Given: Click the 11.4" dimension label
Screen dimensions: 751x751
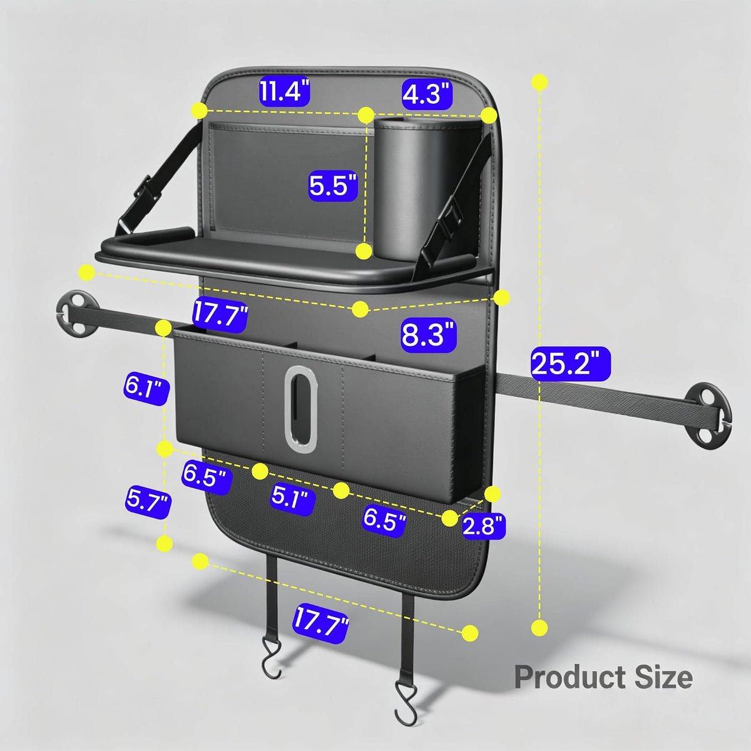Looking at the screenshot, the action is pyautogui.click(x=284, y=93).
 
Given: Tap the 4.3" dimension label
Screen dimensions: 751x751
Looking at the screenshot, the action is pyautogui.click(x=427, y=94).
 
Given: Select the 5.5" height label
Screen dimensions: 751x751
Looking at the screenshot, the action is pyautogui.click(x=333, y=185).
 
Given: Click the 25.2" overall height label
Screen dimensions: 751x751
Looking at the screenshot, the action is pyautogui.click(x=571, y=364).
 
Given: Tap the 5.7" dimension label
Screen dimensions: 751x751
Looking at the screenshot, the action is pyautogui.click(x=148, y=501).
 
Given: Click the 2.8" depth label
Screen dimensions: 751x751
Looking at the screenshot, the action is pyautogui.click(x=484, y=525).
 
